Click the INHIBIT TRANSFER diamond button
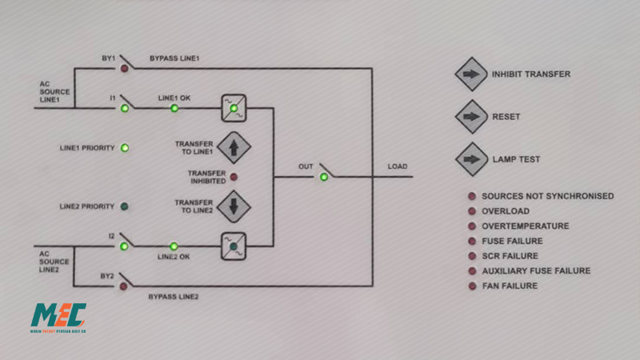[471, 74]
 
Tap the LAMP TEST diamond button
[471, 159]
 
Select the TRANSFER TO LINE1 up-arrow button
[234, 147]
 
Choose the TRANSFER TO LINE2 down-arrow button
[234, 206]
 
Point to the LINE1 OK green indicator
[174, 108]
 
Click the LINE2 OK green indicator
[174, 246]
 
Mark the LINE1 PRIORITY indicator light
[125, 148]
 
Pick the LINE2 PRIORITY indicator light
[125, 206]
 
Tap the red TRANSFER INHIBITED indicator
[234, 177]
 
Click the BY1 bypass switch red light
[125, 69]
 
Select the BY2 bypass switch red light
[123, 286]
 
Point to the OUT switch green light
[324, 177]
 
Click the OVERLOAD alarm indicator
[472, 211]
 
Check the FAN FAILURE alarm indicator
[472, 286]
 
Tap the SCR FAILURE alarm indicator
[472, 256]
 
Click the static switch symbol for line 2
[234, 246]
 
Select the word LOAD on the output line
[398, 166]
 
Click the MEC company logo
[58, 318]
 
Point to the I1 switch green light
[125, 108]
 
